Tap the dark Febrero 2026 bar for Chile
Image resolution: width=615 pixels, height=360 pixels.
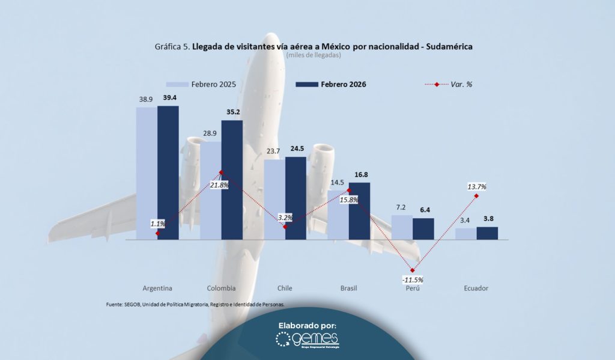tap(295, 198)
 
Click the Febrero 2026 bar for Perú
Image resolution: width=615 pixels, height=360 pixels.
tap(423, 228)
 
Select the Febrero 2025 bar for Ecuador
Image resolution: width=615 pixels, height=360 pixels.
tap(465, 233)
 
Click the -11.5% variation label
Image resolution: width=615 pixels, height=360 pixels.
tap(413, 279)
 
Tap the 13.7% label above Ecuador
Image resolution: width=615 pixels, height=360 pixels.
tap(476, 187)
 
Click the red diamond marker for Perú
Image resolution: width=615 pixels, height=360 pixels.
tap(413, 270)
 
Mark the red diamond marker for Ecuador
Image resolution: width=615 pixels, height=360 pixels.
tap(476, 196)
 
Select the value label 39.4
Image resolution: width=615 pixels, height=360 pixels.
tap(168, 98)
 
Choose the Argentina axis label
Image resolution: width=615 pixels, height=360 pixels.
tap(158, 288)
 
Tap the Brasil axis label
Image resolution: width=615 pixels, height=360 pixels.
tap(348, 288)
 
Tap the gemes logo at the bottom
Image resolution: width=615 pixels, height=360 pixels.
tap(307, 340)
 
